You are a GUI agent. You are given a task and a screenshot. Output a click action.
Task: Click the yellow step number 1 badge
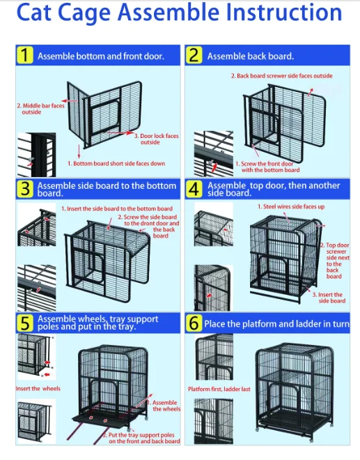click(25, 55)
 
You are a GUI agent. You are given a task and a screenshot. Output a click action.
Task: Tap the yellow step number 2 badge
click(194, 55)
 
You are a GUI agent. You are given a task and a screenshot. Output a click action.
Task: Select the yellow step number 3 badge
click(25, 189)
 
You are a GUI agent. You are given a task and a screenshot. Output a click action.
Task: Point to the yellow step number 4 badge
click(194, 189)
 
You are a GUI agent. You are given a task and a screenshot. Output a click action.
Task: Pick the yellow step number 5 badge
click(25, 323)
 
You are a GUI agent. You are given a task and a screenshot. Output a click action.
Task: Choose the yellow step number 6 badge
click(194, 323)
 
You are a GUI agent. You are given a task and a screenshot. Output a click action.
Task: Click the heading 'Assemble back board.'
click(251, 56)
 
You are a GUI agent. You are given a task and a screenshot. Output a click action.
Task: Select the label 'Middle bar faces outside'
click(41, 109)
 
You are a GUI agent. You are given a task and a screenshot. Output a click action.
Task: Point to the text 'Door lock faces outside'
click(157, 139)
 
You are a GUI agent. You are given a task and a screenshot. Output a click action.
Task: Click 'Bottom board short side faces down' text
click(116, 163)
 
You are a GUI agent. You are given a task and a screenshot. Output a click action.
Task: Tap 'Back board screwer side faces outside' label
click(282, 76)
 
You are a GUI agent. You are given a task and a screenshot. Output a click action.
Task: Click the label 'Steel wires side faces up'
click(291, 206)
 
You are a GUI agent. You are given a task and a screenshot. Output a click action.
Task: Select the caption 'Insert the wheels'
click(38, 388)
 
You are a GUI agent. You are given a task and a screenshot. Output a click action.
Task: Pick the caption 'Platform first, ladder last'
click(219, 389)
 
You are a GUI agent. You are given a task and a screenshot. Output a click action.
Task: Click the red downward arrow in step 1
click(79, 151)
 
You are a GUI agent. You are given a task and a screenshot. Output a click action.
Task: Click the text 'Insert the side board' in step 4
click(329, 298)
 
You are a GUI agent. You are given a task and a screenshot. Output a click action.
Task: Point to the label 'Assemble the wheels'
click(164, 406)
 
